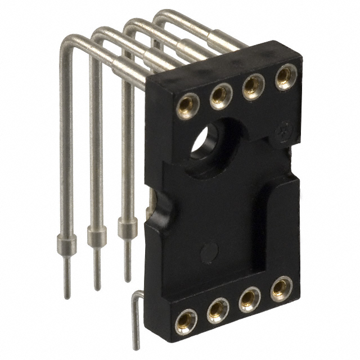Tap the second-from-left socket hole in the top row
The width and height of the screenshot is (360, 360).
pos(220,95)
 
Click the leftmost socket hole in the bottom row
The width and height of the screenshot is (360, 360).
pos(186,321)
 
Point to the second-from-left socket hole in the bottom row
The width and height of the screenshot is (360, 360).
pos(218,310)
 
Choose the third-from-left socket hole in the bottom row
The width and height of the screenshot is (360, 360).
pos(250,299)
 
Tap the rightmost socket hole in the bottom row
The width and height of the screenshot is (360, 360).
pos(281,289)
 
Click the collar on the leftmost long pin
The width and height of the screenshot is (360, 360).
pos(66,242)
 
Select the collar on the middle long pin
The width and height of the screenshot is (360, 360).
pos(97,236)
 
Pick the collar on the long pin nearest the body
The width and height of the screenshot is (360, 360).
pos(127,228)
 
